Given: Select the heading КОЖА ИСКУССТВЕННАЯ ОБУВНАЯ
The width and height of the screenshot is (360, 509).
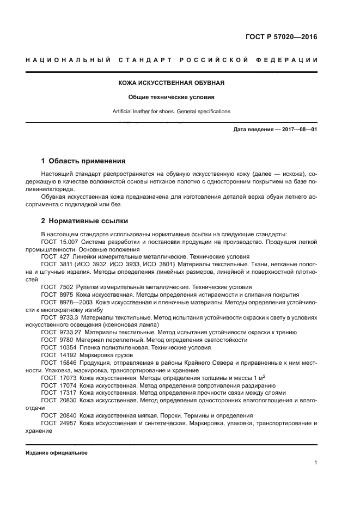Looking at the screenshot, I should tap(172, 83).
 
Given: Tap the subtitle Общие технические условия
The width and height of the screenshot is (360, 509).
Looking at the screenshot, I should tap(172, 97).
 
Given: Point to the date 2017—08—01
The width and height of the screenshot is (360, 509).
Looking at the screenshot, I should tap(298, 130).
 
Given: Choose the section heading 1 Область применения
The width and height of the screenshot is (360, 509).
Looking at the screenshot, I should tap(83, 161).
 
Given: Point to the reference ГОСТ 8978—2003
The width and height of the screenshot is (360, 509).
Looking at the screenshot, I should tap(67, 302).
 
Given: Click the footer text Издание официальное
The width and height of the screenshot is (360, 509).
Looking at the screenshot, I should tap(56, 453).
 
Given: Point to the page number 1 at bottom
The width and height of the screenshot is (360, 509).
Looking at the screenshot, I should tap(315, 463).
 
